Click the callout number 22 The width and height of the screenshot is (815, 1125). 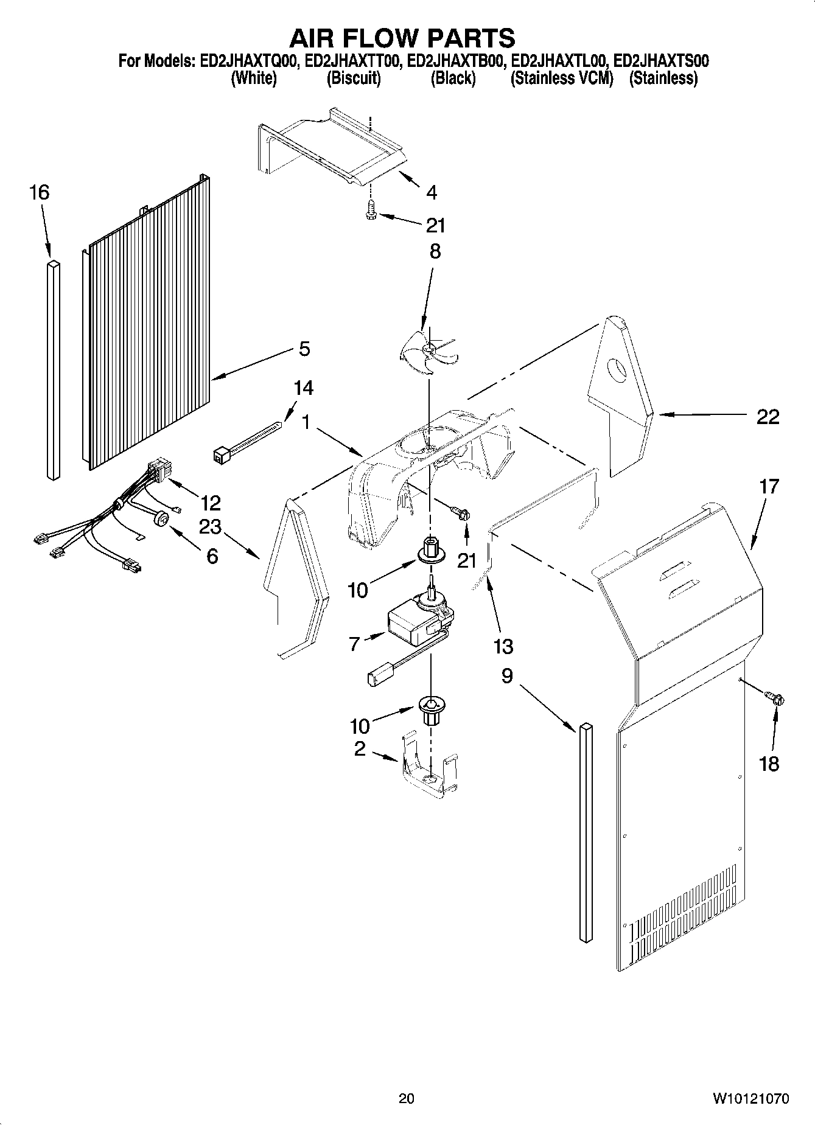(768, 417)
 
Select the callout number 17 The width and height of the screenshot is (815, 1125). (769, 486)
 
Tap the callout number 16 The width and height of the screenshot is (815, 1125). (39, 193)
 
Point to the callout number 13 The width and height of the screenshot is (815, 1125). (503, 646)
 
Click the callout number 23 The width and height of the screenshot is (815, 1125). (211, 526)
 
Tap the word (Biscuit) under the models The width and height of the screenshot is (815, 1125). (354, 78)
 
